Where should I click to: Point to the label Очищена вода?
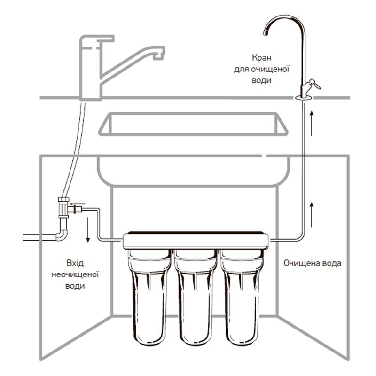click(312, 263)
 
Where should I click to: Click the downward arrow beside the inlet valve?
click(88, 230)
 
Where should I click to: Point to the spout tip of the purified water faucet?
click(265, 32)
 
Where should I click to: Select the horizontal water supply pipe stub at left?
click(38, 236)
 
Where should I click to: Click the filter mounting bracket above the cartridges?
click(195, 240)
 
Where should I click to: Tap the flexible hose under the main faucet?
click(75, 150)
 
